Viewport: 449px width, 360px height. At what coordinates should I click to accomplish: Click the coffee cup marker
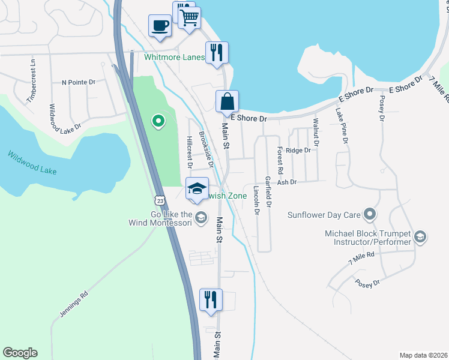[160, 26]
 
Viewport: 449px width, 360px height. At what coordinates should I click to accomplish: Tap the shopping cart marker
[190, 19]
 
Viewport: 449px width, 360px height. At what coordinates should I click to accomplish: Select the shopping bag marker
[228, 101]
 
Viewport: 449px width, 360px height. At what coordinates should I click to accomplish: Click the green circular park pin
[158, 122]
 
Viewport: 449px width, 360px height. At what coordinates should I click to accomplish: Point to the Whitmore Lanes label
[174, 58]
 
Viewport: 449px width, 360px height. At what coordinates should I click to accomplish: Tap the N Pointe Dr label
[78, 82]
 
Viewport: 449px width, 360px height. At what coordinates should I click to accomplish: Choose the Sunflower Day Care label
[324, 214]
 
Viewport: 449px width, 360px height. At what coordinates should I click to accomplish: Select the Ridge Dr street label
[298, 150]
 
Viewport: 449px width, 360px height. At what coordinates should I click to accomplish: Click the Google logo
[20, 353]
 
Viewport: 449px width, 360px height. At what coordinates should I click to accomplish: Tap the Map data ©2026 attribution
[423, 355]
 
